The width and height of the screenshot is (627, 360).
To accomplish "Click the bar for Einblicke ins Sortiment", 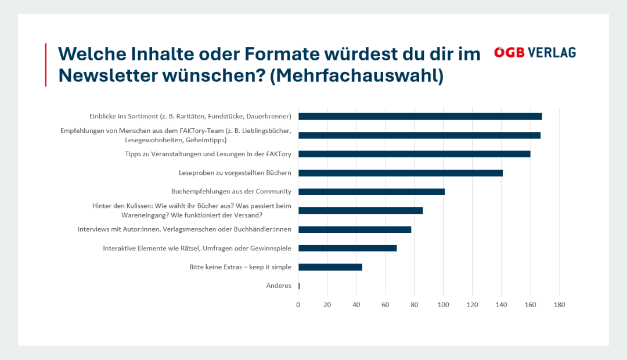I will [x=420, y=116].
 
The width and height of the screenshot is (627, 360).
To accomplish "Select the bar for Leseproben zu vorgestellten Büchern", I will [x=401, y=173].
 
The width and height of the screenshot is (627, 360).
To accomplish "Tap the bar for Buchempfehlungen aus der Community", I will [x=372, y=192].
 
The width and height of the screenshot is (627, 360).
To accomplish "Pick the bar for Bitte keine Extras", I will [x=330, y=267].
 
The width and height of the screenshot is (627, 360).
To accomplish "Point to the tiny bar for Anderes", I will [x=299, y=286].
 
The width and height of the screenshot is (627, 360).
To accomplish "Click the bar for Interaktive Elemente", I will [x=348, y=248].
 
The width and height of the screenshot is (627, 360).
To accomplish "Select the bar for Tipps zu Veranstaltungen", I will [x=414, y=154].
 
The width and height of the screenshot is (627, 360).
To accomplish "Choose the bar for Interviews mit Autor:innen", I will [x=355, y=229].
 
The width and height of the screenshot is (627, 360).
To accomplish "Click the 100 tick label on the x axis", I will [x=444, y=305].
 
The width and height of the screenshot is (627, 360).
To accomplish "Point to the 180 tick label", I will [x=559, y=305].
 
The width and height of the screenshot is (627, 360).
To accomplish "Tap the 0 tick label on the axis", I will [x=298, y=305].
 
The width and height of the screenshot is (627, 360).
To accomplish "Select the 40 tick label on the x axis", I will [x=356, y=305].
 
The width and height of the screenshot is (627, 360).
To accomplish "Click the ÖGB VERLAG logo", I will [x=535, y=52].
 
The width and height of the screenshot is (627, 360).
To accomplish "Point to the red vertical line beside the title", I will [x=46, y=64].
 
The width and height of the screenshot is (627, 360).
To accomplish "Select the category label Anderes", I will [x=279, y=286].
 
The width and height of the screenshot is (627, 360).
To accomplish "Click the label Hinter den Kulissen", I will [x=192, y=210].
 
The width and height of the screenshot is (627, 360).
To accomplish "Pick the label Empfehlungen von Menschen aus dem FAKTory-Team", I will [x=176, y=135].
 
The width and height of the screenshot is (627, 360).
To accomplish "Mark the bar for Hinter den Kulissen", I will [x=361, y=211].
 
